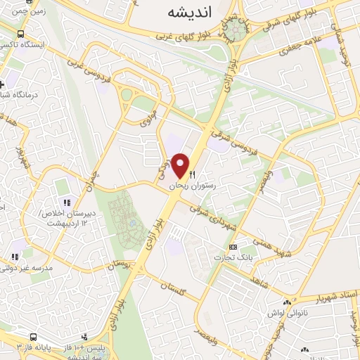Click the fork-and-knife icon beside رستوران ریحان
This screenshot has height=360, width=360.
point(193,174)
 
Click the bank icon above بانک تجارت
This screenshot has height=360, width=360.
point(233,246)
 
